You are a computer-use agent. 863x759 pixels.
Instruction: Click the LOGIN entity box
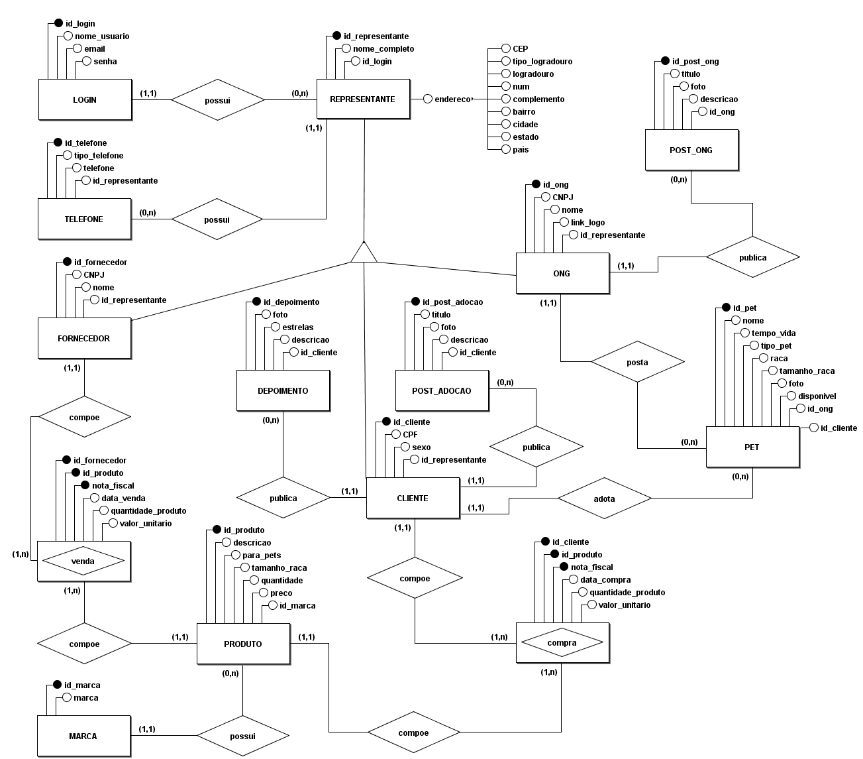(x=85, y=100)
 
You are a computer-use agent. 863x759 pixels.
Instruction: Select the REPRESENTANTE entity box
(x=363, y=99)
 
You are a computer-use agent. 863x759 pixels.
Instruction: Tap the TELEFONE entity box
(x=84, y=219)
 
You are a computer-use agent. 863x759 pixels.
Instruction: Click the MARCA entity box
(x=83, y=736)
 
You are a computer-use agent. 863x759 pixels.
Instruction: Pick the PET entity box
(x=752, y=447)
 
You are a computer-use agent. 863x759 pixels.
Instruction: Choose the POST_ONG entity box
(x=691, y=150)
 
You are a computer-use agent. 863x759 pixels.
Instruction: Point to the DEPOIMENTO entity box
(x=283, y=391)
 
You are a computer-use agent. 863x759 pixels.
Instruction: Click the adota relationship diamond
(x=605, y=498)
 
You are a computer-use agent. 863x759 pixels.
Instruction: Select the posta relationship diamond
(x=637, y=363)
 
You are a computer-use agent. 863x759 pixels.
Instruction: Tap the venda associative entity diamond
(x=83, y=561)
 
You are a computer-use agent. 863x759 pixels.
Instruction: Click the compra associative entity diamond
(x=562, y=643)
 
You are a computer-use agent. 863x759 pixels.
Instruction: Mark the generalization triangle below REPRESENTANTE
(x=364, y=253)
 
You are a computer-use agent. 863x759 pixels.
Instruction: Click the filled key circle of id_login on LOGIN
(x=58, y=24)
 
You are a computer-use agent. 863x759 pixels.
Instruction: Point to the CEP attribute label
(x=520, y=49)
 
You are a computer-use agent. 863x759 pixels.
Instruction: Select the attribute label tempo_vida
(x=768, y=333)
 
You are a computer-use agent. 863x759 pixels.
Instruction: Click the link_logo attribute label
(x=587, y=223)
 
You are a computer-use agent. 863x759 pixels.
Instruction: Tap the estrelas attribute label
(x=297, y=327)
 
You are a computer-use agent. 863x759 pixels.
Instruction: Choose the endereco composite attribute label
(x=453, y=99)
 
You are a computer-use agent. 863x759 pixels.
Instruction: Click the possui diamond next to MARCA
(x=243, y=736)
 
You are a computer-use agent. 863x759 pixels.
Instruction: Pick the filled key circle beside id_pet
(x=726, y=308)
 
